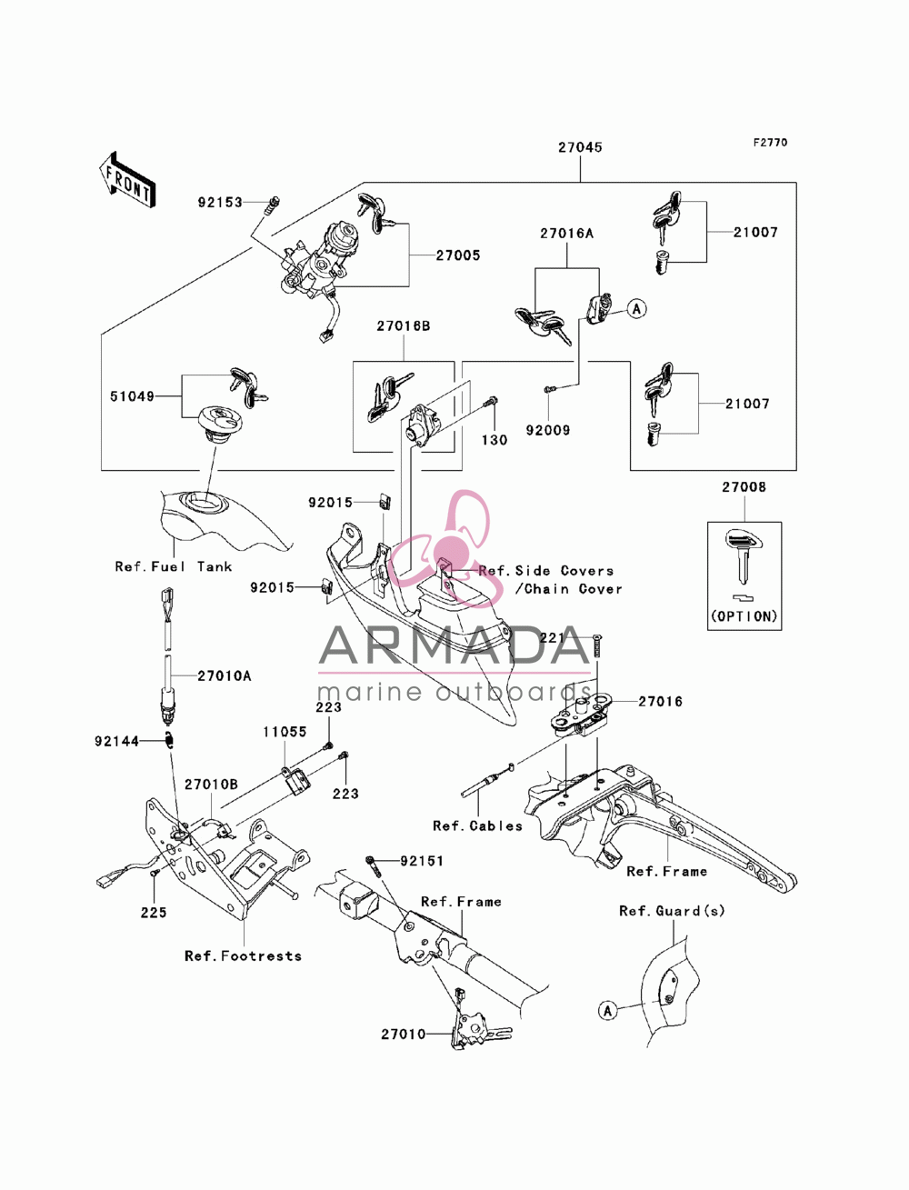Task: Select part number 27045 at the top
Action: click(581, 147)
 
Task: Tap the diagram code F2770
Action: click(770, 143)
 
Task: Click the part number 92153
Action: click(220, 203)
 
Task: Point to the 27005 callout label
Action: click(458, 255)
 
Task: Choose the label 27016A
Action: click(566, 234)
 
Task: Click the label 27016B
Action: click(404, 326)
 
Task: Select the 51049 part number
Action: click(132, 397)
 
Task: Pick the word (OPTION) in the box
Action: click(744, 616)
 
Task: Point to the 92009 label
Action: click(548, 431)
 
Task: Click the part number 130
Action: click(494, 440)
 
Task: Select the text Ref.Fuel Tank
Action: click(174, 567)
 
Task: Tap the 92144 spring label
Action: click(116, 741)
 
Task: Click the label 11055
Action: click(285, 732)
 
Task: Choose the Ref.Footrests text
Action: click(243, 955)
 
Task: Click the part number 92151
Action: click(422, 861)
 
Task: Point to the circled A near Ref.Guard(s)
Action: click(607, 1011)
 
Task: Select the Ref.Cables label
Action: click(477, 826)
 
